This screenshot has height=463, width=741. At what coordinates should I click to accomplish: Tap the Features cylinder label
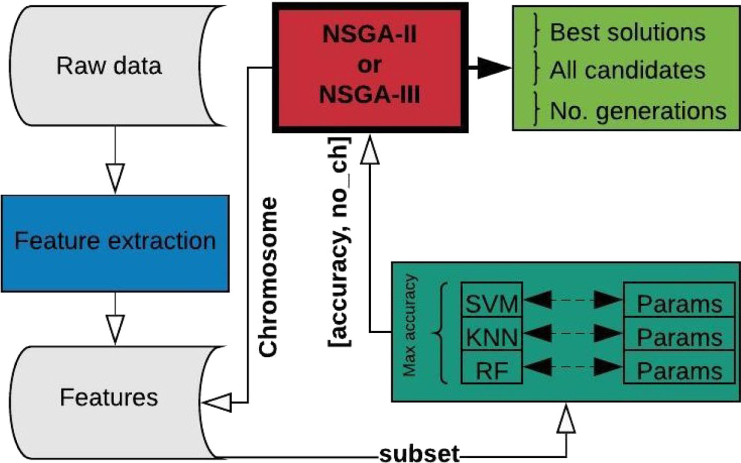pos(109,397)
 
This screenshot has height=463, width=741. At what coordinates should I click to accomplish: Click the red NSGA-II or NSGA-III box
pos(370,66)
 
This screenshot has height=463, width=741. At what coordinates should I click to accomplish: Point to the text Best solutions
pos(627,32)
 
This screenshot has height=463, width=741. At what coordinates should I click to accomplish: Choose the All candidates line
pos(627,70)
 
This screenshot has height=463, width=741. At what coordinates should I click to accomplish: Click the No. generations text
pos(637,111)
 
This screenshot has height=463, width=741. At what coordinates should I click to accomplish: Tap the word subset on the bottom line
pos(419,453)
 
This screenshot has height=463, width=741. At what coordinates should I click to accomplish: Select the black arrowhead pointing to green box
pos(494,68)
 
